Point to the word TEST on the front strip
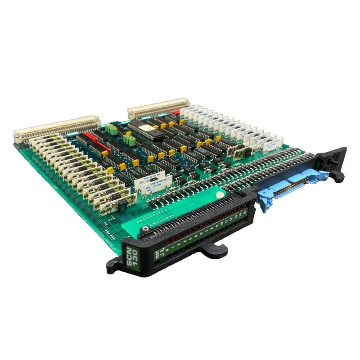[x=156, y=256]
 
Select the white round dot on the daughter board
[x=220, y=195]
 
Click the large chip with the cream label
[x=147, y=128]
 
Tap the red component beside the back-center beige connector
[x=176, y=112]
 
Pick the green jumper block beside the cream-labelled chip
[x=130, y=140]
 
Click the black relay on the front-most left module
[x=121, y=207]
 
